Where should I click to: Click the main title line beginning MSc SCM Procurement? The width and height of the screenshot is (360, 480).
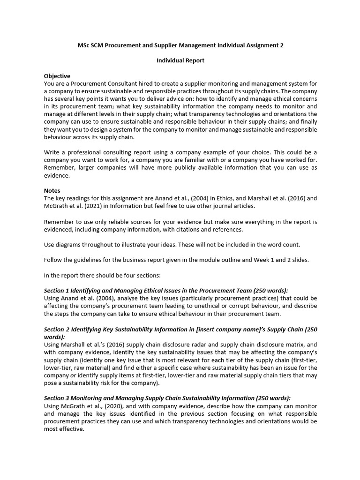pos(180,45)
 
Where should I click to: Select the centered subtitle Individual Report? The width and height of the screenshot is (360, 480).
pos(180,60)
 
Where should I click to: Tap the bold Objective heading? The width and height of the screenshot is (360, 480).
pos(57,76)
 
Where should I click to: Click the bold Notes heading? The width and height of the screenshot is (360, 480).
pos(52,191)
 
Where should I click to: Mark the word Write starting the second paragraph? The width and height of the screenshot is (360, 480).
pos(52,153)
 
